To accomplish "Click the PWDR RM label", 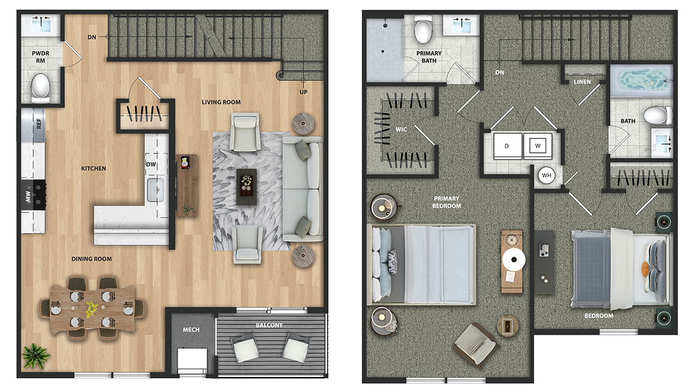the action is (41, 57).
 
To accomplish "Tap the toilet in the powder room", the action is (41, 88).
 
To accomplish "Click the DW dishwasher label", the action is (151, 164).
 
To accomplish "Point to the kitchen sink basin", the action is (156, 189).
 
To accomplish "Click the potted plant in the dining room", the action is (36, 356).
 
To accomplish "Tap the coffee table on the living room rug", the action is (247, 186).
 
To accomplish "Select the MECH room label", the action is (191, 329).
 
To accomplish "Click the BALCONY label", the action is (269, 325).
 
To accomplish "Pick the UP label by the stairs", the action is (303, 92).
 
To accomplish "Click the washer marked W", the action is (537, 146).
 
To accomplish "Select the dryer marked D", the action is (507, 146).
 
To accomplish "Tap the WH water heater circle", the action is (546, 175).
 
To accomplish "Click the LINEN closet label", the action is (582, 82).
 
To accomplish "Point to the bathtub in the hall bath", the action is (641, 81).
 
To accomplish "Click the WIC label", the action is (401, 129).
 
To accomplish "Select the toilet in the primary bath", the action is (423, 30).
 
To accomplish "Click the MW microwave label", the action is (28, 196).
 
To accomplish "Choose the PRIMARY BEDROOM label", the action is (447, 202).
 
